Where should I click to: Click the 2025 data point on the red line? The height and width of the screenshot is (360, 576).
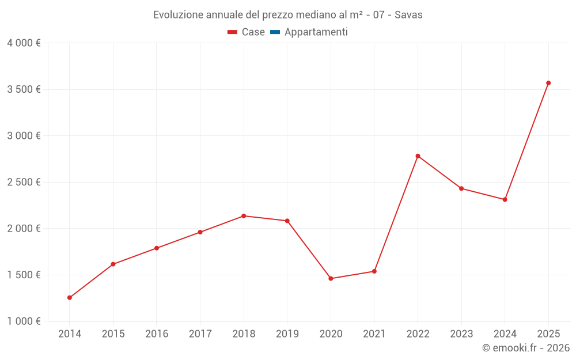548,83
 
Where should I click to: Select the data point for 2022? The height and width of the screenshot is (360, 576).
418,156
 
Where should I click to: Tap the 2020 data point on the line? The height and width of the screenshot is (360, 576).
331,279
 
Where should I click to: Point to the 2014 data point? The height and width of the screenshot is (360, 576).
70,298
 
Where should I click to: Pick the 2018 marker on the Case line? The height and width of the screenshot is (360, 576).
244,216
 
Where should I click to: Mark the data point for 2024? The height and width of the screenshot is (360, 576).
505,200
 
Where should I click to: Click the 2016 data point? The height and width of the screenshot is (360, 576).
157,248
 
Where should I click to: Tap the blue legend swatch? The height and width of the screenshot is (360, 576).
275,32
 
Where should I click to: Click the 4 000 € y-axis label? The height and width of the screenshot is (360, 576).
24,43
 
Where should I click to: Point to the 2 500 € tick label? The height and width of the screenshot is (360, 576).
24,182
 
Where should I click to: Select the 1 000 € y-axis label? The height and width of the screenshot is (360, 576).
24,321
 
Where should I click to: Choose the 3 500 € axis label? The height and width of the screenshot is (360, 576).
24,89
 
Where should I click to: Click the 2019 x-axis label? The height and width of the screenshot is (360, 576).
287,334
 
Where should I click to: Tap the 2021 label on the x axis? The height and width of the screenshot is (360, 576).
374,334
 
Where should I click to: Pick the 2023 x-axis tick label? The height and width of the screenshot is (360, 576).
461,334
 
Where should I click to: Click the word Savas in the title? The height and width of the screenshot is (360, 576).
408,15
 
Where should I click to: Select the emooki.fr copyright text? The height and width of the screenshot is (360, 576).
526,348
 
